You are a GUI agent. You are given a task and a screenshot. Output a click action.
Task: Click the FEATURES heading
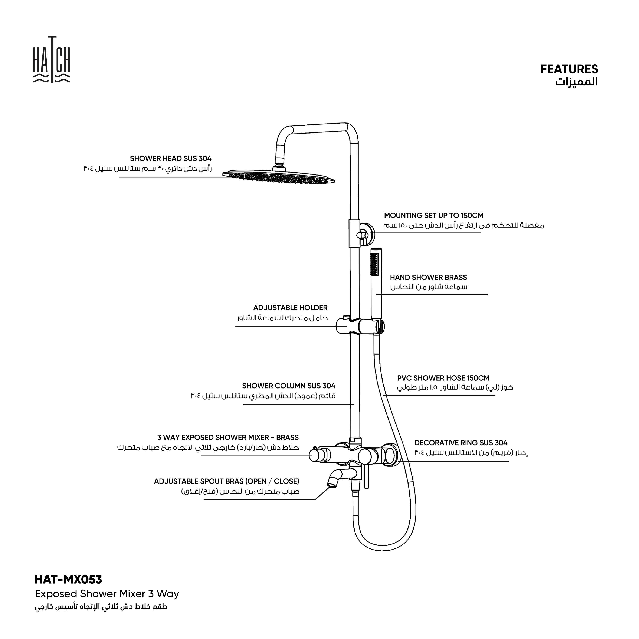coord(569,69)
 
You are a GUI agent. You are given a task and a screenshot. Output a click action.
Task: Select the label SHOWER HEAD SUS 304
coord(170,159)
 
